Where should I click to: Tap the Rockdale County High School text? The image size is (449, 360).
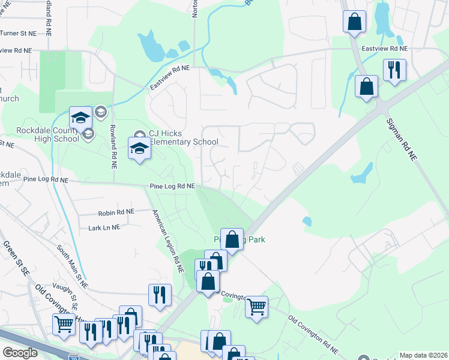pos(40,134)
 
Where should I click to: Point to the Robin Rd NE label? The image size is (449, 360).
pos(116,212)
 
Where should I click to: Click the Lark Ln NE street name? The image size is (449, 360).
pos(104,227)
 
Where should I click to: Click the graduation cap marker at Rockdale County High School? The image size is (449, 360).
pos(80,118)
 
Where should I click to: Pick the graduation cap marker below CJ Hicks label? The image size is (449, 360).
pos(139,149)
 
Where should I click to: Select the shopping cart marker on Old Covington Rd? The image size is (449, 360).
pos(256,307)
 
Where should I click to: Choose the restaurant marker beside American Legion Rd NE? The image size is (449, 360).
pos(160,295)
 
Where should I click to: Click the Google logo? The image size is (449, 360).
pos(20,353)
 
